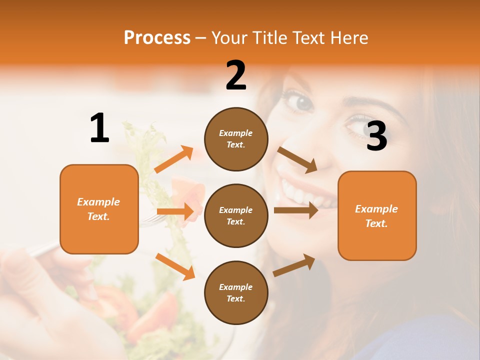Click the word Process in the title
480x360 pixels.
point(157,37)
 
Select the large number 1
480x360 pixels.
point(99,128)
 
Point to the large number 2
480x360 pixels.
point(236,75)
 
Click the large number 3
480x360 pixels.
point(376,136)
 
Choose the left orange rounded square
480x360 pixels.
point(99,209)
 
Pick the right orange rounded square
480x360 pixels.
point(377,215)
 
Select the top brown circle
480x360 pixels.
point(236,139)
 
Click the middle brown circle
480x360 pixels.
point(236,215)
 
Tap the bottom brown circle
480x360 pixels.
point(236,292)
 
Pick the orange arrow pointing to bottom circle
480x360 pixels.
point(175,266)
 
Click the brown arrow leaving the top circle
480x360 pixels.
point(297,159)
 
